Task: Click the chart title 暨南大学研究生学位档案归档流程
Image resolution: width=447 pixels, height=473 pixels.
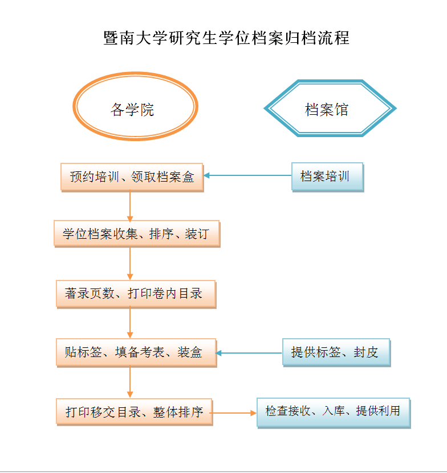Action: coord(226,38)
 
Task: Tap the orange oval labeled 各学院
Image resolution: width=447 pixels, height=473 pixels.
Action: coord(135,106)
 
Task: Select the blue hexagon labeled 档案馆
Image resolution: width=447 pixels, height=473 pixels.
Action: coord(330,109)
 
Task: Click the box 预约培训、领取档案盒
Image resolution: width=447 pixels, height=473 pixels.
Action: coord(132,177)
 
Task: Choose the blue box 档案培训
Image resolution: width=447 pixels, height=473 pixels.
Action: coord(327,177)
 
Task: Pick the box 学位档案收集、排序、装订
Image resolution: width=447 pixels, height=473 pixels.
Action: coord(137,234)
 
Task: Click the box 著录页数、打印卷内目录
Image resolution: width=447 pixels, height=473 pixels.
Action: coord(136,294)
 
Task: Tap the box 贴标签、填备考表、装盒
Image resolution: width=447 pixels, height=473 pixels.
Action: coord(136,352)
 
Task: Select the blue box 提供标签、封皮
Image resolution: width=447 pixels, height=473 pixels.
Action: coord(336,352)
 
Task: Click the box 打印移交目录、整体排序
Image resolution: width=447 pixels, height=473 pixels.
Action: coord(135,412)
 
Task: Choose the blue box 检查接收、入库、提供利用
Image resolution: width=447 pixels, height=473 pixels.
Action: coord(334,412)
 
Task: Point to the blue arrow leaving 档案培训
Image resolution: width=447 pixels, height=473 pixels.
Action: coord(247,175)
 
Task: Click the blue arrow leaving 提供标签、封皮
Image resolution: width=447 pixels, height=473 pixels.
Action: coord(249,353)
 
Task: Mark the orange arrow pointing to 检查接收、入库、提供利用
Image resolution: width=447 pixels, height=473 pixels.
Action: coord(233,413)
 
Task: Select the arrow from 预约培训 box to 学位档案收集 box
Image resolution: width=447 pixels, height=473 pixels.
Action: coord(130,206)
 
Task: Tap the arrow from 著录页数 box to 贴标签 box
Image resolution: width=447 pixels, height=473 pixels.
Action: coord(130,323)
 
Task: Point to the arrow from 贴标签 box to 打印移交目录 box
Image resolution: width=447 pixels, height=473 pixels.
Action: coord(130,382)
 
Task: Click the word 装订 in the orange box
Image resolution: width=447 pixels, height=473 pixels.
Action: coord(197,234)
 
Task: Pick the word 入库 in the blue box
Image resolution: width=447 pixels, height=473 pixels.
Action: coord(333,411)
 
